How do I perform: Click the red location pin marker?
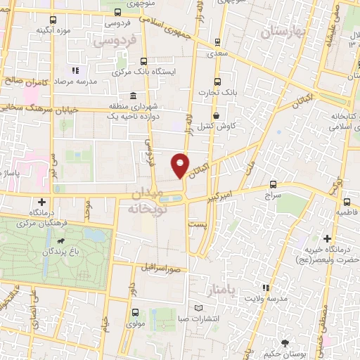(181, 165)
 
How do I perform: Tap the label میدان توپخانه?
(146, 200)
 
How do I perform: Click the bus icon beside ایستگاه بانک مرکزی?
(144, 61)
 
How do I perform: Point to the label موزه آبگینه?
(52, 30)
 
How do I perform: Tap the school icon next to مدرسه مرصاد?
(75, 70)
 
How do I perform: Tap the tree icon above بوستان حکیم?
(284, 343)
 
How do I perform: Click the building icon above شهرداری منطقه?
(133, 96)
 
